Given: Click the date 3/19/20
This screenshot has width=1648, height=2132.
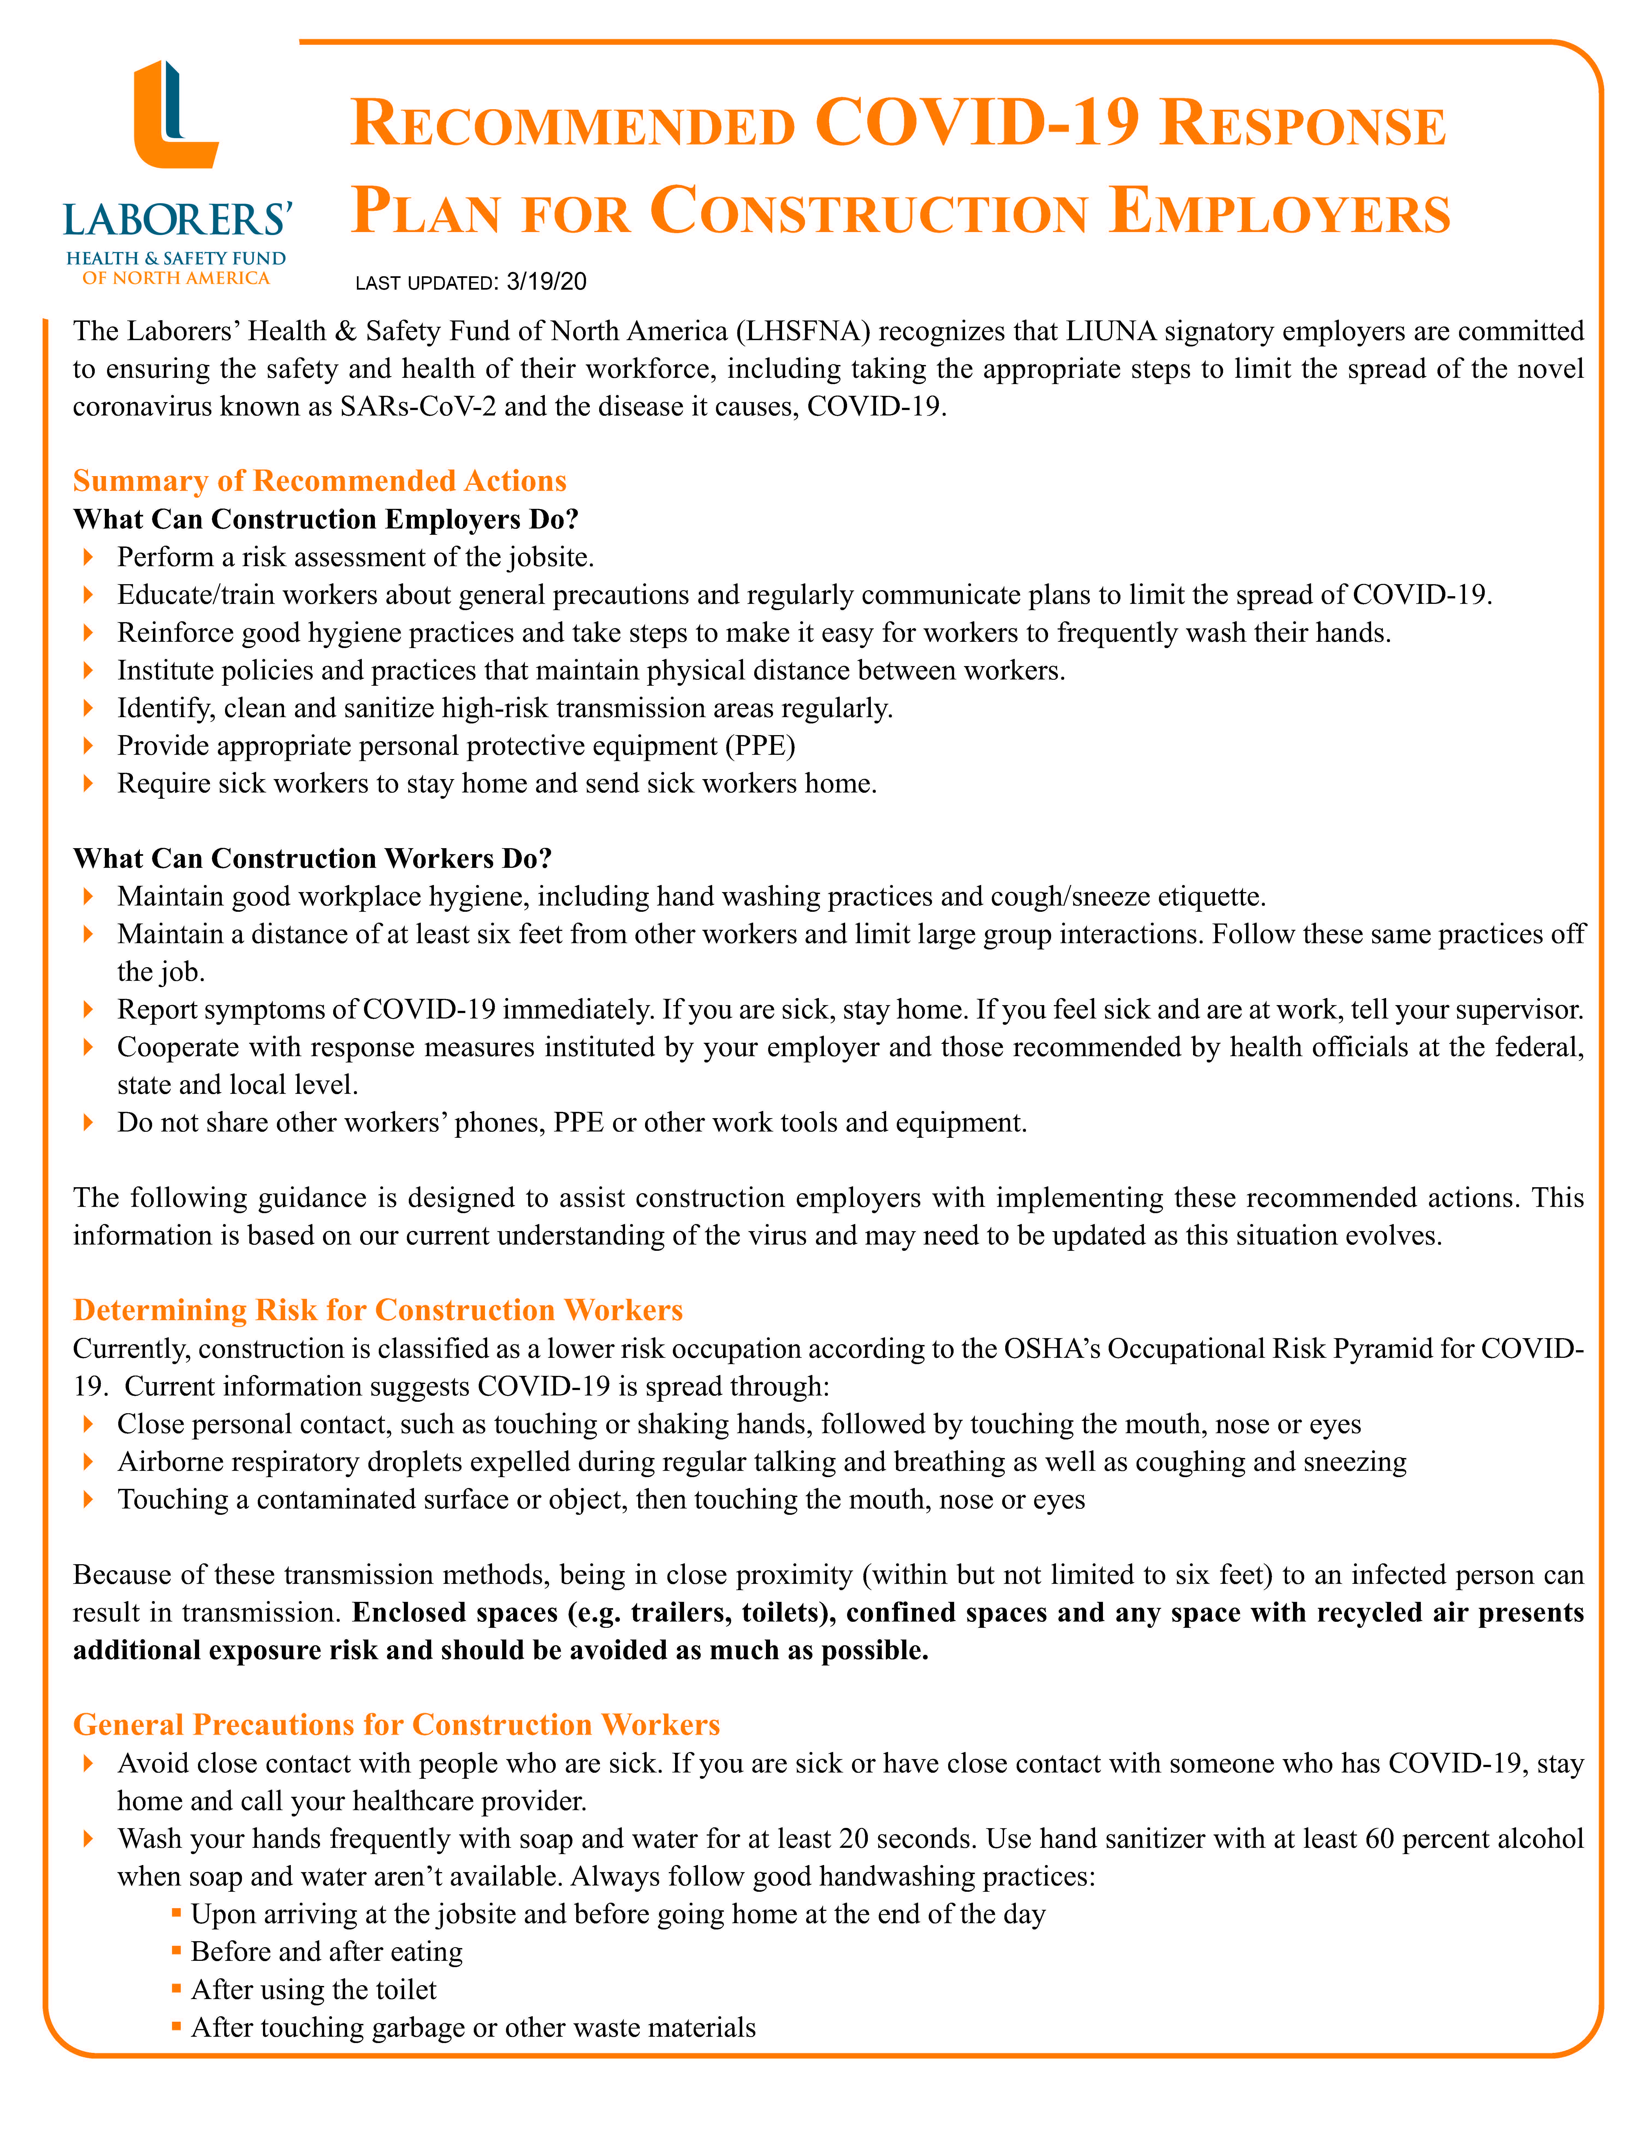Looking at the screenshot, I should (547, 282).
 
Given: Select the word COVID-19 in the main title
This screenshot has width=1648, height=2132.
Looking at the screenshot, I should (976, 124).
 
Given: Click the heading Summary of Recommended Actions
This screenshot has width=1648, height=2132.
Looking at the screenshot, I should (319, 481).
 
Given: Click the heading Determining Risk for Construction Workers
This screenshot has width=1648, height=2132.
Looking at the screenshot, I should (378, 1310).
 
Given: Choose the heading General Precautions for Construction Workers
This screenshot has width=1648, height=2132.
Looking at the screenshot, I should (397, 1725).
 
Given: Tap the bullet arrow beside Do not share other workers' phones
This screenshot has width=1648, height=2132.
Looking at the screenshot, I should (89, 1123).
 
